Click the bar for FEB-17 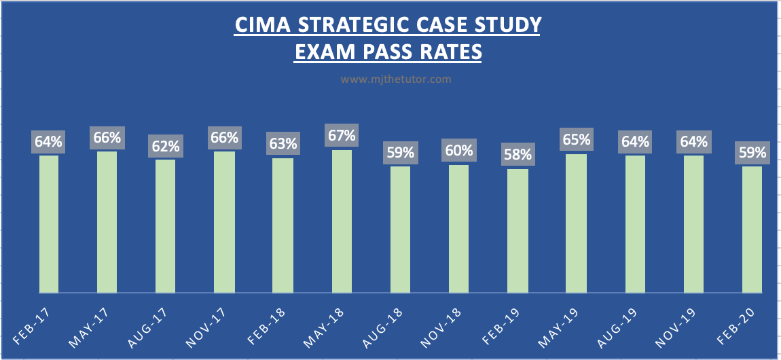[x=49, y=224]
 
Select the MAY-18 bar [x=342, y=221]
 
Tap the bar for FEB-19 [x=517, y=231]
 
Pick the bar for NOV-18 [x=459, y=229]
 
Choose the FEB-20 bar [x=752, y=230]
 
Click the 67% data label [x=342, y=135]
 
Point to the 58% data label [x=517, y=154]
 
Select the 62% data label [x=166, y=145]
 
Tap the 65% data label [x=576, y=139]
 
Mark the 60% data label [x=459, y=150]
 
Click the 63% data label [x=283, y=143]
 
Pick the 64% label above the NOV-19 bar [x=693, y=141]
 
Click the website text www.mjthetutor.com [x=396, y=79]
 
